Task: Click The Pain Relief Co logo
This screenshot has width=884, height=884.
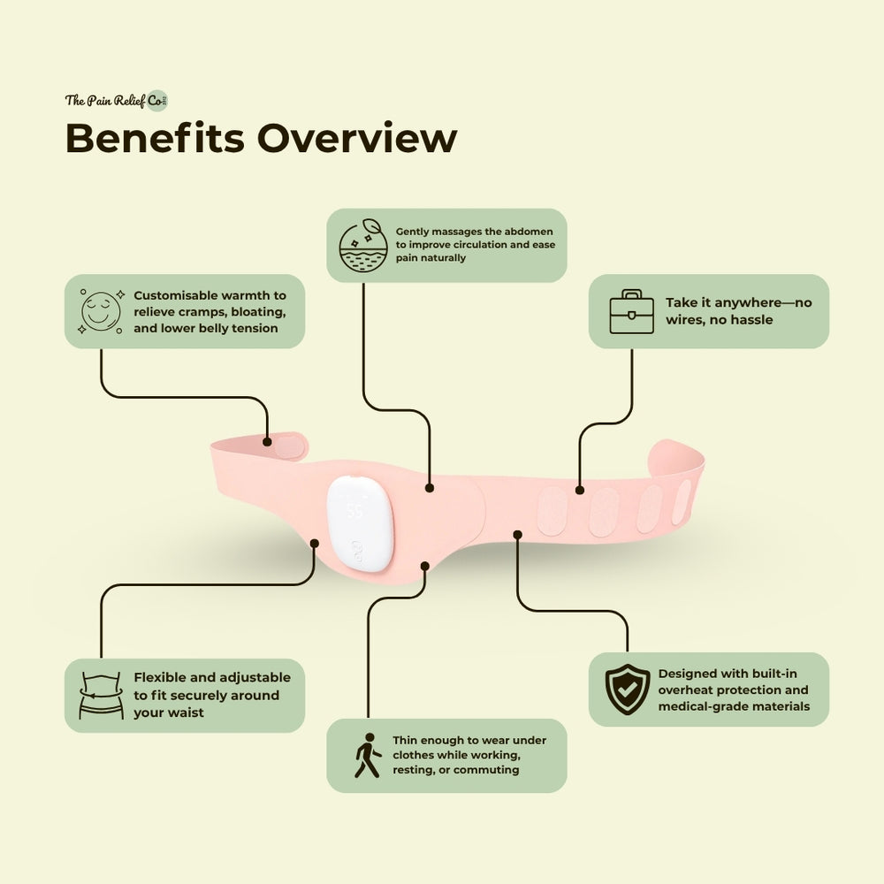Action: [x=116, y=100]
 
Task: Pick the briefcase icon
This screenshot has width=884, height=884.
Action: [x=631, y=311]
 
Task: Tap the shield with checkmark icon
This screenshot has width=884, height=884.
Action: [x=628, y=689]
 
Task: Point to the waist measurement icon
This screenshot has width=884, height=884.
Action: [x=101, y=695]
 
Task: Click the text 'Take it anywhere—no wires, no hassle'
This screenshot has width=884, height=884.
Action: [x=739, y=311]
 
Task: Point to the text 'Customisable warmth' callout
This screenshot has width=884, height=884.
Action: [x=210, y=311]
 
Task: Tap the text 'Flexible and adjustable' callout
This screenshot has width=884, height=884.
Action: [x=212, y=695]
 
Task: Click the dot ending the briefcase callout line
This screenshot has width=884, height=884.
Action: [x=579, y=489]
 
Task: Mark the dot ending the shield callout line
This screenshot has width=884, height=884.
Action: [x=518, y=533]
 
